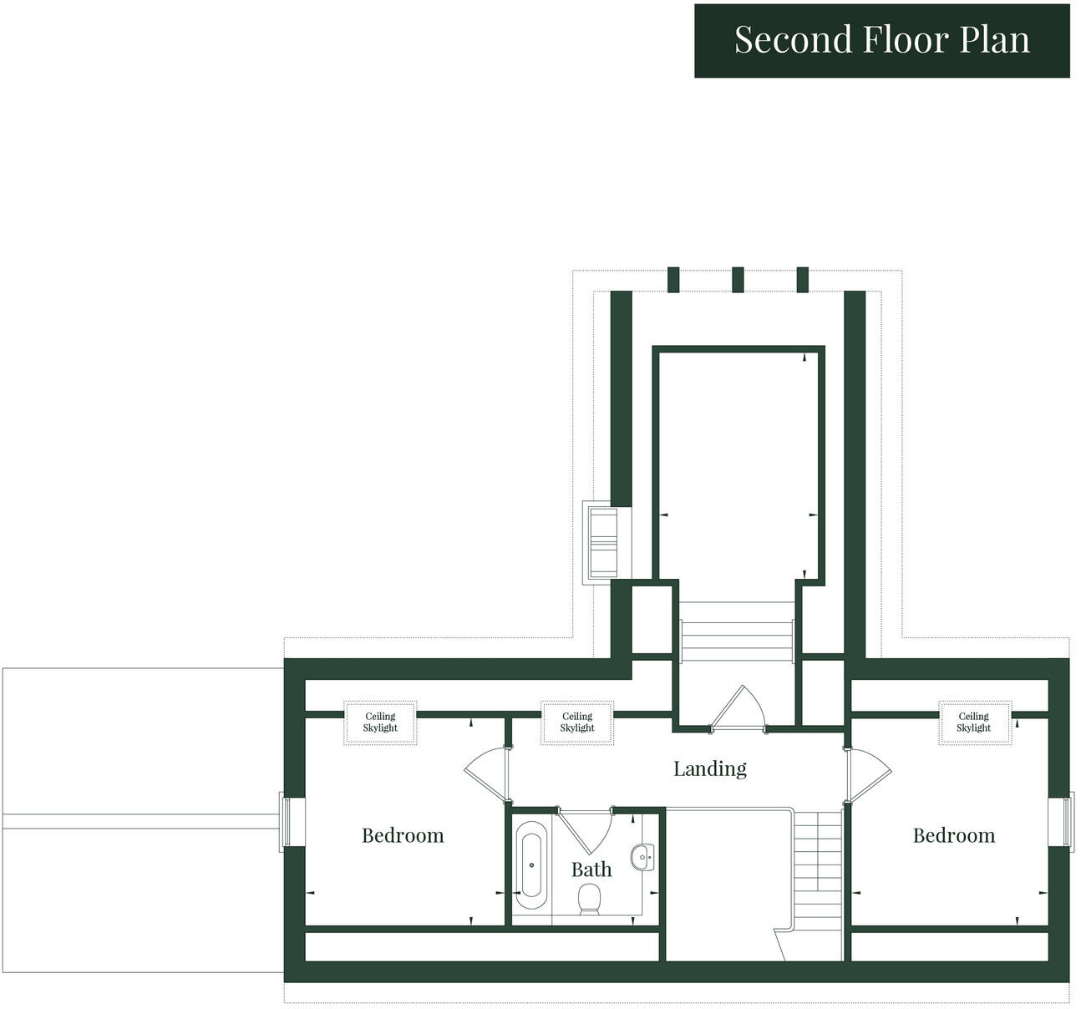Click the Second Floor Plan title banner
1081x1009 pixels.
[x=881, y=40]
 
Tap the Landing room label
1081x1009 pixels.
[x=709, y=768]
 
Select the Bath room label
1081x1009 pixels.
[x=591, y=870]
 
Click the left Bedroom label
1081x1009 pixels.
[x=403, y=835]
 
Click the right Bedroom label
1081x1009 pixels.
[x=953, y=835]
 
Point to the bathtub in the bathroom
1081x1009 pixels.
[x=530, y=865]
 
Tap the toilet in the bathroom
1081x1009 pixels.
[x=590, y=899]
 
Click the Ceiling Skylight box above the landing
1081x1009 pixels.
[x=576, y=723]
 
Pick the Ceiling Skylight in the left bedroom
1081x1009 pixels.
[x=380, y=723]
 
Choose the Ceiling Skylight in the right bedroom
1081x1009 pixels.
[x=973, y=723]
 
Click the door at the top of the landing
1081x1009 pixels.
[x=738, y=710]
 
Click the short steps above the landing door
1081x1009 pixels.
[x=736, y=641]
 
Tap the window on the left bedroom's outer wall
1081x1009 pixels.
[x=285, y=822]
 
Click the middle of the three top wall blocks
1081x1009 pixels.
[x=737, y=280]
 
